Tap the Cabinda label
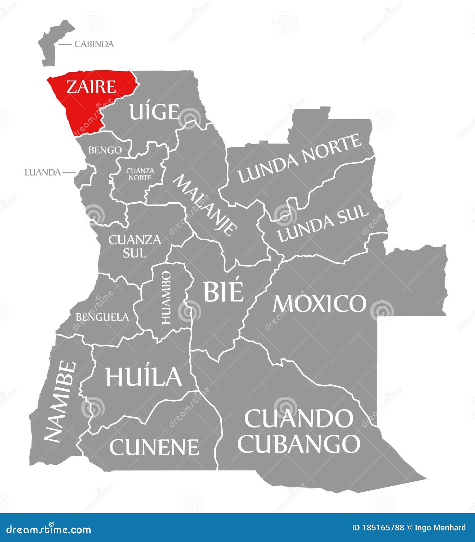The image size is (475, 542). tap(94, 44)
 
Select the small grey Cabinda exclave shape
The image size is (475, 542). tap(51, 45)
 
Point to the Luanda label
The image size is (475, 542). tap(43, 173)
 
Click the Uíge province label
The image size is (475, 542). tap(154, 112)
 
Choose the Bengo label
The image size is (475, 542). tap(105, 150)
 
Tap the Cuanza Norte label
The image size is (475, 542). tap(140, 174)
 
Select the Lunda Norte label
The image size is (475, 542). tap(300, 158)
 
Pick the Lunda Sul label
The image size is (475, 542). tap(323, 224)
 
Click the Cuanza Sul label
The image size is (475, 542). tap(135, 246)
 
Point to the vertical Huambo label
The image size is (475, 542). tap(166, 297)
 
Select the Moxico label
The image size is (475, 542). tap(319, 303)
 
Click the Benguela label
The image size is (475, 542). tap(102, 317)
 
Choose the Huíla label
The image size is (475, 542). tap(144, 376)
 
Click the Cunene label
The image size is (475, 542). tap(154, 447)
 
